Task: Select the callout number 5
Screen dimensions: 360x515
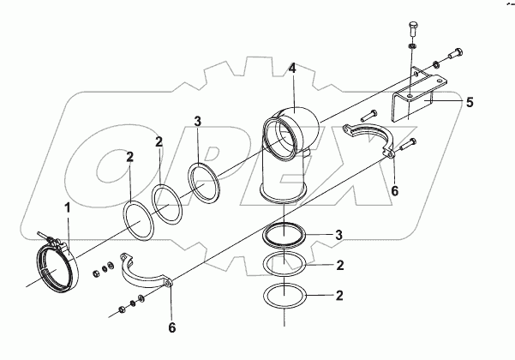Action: [470, 101]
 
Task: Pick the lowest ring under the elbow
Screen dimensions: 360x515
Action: [284, 297]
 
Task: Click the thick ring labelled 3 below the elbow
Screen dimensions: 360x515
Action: [284, 234]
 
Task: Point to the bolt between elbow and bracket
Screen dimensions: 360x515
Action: [368, 114]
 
